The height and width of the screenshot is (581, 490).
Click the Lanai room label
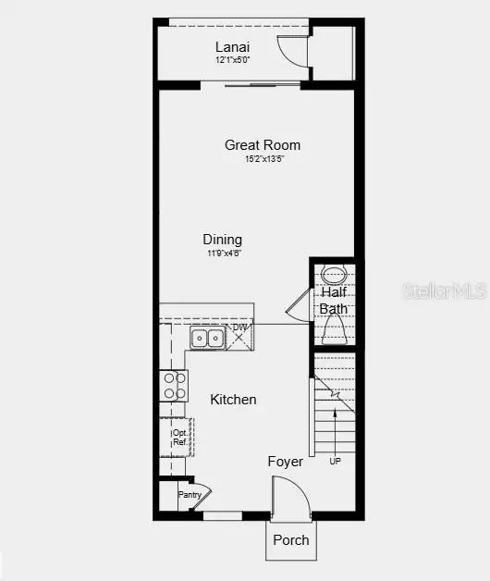(x=233, y=47)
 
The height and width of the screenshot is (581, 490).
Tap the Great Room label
(x=263, y=145)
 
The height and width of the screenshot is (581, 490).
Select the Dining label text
(x=223, y=240)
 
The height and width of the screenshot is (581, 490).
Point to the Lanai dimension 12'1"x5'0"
(x=233, y=60)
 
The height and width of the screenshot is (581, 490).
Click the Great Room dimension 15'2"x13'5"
(x=263, y=159)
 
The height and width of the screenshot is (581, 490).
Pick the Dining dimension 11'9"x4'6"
(x=223, y=253)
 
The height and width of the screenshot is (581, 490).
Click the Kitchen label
(x=233, y=400)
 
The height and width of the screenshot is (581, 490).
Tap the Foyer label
(x=286, y=461)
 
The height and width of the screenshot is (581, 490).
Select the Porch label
(x=291, y=539)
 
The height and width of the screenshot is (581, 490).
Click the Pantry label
(x=190, y=495)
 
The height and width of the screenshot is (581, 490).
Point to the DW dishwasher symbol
(x=240, y=335)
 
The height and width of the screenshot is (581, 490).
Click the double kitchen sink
(x=206, y=339)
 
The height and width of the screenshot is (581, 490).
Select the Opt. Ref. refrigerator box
(x=179, y=437)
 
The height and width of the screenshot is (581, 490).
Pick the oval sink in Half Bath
(x=334, y=275)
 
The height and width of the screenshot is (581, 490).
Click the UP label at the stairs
(x=335, y=461)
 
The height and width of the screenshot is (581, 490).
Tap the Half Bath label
(x=334, y=301)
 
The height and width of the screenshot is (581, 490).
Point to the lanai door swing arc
(x=294, y=52)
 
